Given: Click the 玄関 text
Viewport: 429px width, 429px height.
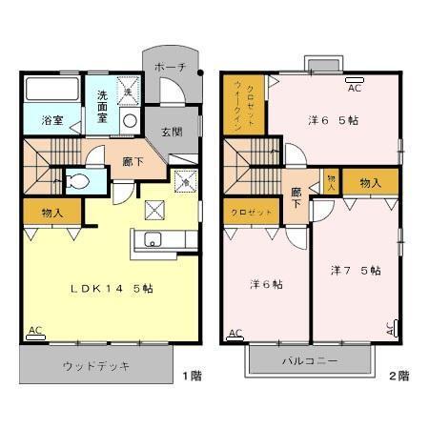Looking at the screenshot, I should coord(171,132).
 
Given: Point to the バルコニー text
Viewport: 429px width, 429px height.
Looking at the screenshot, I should coord(309,361).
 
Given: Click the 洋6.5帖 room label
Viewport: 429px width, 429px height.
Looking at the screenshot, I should coord(333,121).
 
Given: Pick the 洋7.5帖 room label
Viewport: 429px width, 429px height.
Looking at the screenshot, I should coord(356,271).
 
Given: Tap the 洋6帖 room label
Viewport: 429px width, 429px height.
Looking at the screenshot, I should coord(266,283).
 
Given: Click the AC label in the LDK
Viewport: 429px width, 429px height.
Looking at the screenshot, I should coord(35,331).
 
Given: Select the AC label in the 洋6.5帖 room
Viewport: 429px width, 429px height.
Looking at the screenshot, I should coord(354,88).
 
